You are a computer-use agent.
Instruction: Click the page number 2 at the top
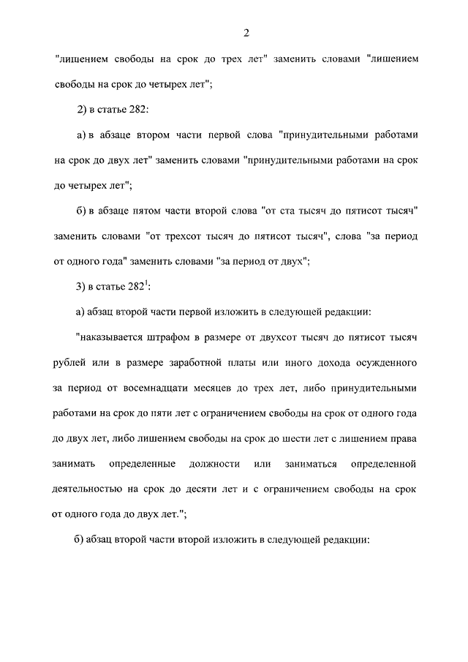tap(248, 32)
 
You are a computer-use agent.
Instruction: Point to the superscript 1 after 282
tap(146, 282)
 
